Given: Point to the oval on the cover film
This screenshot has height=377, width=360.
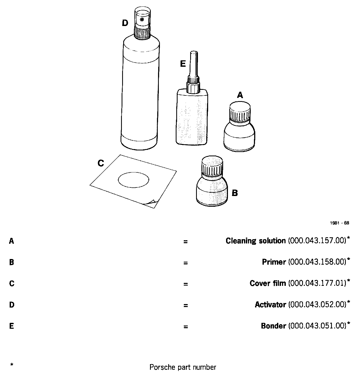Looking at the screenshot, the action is [133, 180].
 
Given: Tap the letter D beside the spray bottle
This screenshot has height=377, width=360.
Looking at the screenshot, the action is [125, 23].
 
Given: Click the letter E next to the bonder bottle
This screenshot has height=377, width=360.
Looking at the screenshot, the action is [183, 64].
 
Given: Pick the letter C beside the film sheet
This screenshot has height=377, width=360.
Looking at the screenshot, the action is [101, 163].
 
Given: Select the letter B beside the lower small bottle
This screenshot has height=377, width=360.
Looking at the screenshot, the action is [235, 193].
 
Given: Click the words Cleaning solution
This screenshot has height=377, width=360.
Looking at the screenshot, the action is [256, 241].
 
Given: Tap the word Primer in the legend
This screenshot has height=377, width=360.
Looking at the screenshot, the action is [274, 262].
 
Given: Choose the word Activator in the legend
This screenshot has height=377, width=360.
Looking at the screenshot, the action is [270, 305].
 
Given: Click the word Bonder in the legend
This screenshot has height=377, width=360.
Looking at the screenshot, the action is [273, 326].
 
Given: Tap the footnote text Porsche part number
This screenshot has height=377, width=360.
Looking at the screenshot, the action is [183, 367].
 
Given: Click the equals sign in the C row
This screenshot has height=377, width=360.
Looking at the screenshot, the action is [186, 284].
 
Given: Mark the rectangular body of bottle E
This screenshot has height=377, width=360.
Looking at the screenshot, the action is [192, 118].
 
